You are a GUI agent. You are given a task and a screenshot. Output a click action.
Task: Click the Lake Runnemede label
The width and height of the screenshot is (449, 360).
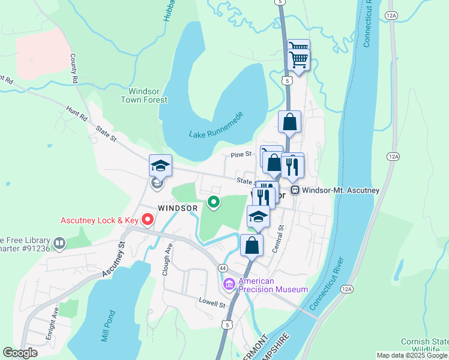coord(215,125)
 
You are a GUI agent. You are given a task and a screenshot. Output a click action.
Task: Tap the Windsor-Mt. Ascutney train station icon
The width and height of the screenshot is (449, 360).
coord(295,190)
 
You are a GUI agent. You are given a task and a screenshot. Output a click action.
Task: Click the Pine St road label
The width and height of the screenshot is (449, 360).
coord(241,155)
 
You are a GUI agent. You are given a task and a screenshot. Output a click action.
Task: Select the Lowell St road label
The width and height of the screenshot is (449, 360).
coord(213,303)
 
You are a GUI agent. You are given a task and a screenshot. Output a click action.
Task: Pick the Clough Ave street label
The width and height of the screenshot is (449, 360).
coord(167,260)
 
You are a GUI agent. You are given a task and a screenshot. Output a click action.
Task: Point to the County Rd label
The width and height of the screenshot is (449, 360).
coord(74,69)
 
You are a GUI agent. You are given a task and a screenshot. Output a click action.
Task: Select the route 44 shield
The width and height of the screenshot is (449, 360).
coord(223,267)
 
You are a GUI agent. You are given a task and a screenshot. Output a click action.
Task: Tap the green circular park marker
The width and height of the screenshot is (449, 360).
coord(213,203)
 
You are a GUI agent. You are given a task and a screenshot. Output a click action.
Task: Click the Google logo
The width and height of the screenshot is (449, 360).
coord(20,353)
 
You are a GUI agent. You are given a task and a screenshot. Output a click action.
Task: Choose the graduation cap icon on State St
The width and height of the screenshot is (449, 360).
coord(160,166)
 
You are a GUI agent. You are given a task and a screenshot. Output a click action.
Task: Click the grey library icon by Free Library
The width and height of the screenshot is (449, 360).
coord(59,243)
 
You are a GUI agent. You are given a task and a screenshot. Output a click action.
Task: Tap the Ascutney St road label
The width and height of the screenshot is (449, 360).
coord(113,259)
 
